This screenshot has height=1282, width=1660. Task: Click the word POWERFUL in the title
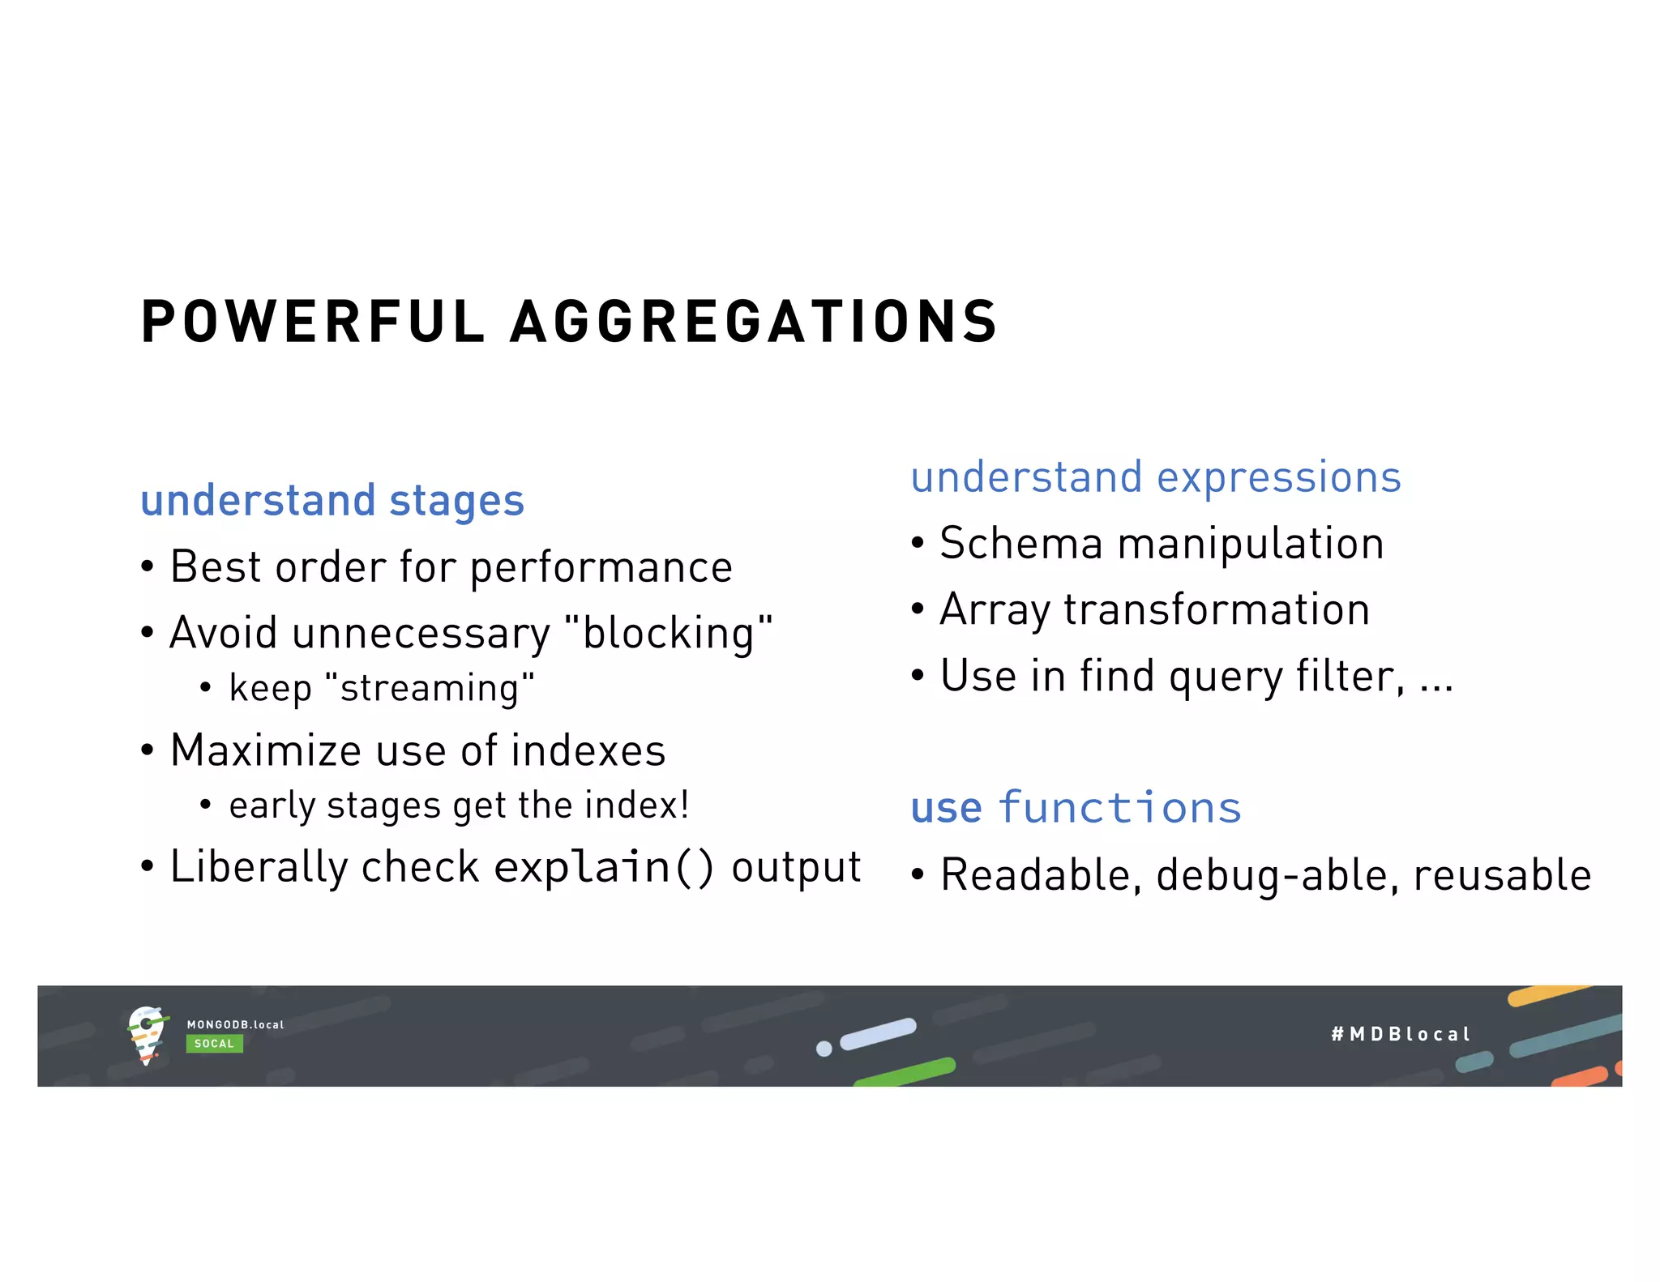click(312, 322)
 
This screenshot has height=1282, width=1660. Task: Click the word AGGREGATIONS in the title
click(754, 322)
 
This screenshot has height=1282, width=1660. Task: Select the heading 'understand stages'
click(332, 500)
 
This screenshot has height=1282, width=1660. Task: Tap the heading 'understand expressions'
click(1156, 476)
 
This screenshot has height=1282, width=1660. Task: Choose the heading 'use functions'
click(1076, 808)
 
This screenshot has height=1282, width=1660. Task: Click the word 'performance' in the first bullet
click(601, 567)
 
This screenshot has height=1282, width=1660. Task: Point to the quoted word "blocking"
click(669, 633)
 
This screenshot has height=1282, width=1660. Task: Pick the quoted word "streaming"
click(430, 689)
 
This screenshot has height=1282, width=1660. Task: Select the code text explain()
click(604, 867)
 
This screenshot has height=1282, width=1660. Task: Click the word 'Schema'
click(1021, 543)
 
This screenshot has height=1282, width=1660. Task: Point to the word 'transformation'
click(1217, 609)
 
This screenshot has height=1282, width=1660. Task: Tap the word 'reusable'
click(1503, 875)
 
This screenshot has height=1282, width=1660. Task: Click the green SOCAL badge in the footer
click(214, 1044)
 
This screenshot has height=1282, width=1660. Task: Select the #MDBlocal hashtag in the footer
click(1400, 1034)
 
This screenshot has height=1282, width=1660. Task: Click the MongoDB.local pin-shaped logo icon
click(147, 1035)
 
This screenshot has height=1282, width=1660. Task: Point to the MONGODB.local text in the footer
click(235, 1024)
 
